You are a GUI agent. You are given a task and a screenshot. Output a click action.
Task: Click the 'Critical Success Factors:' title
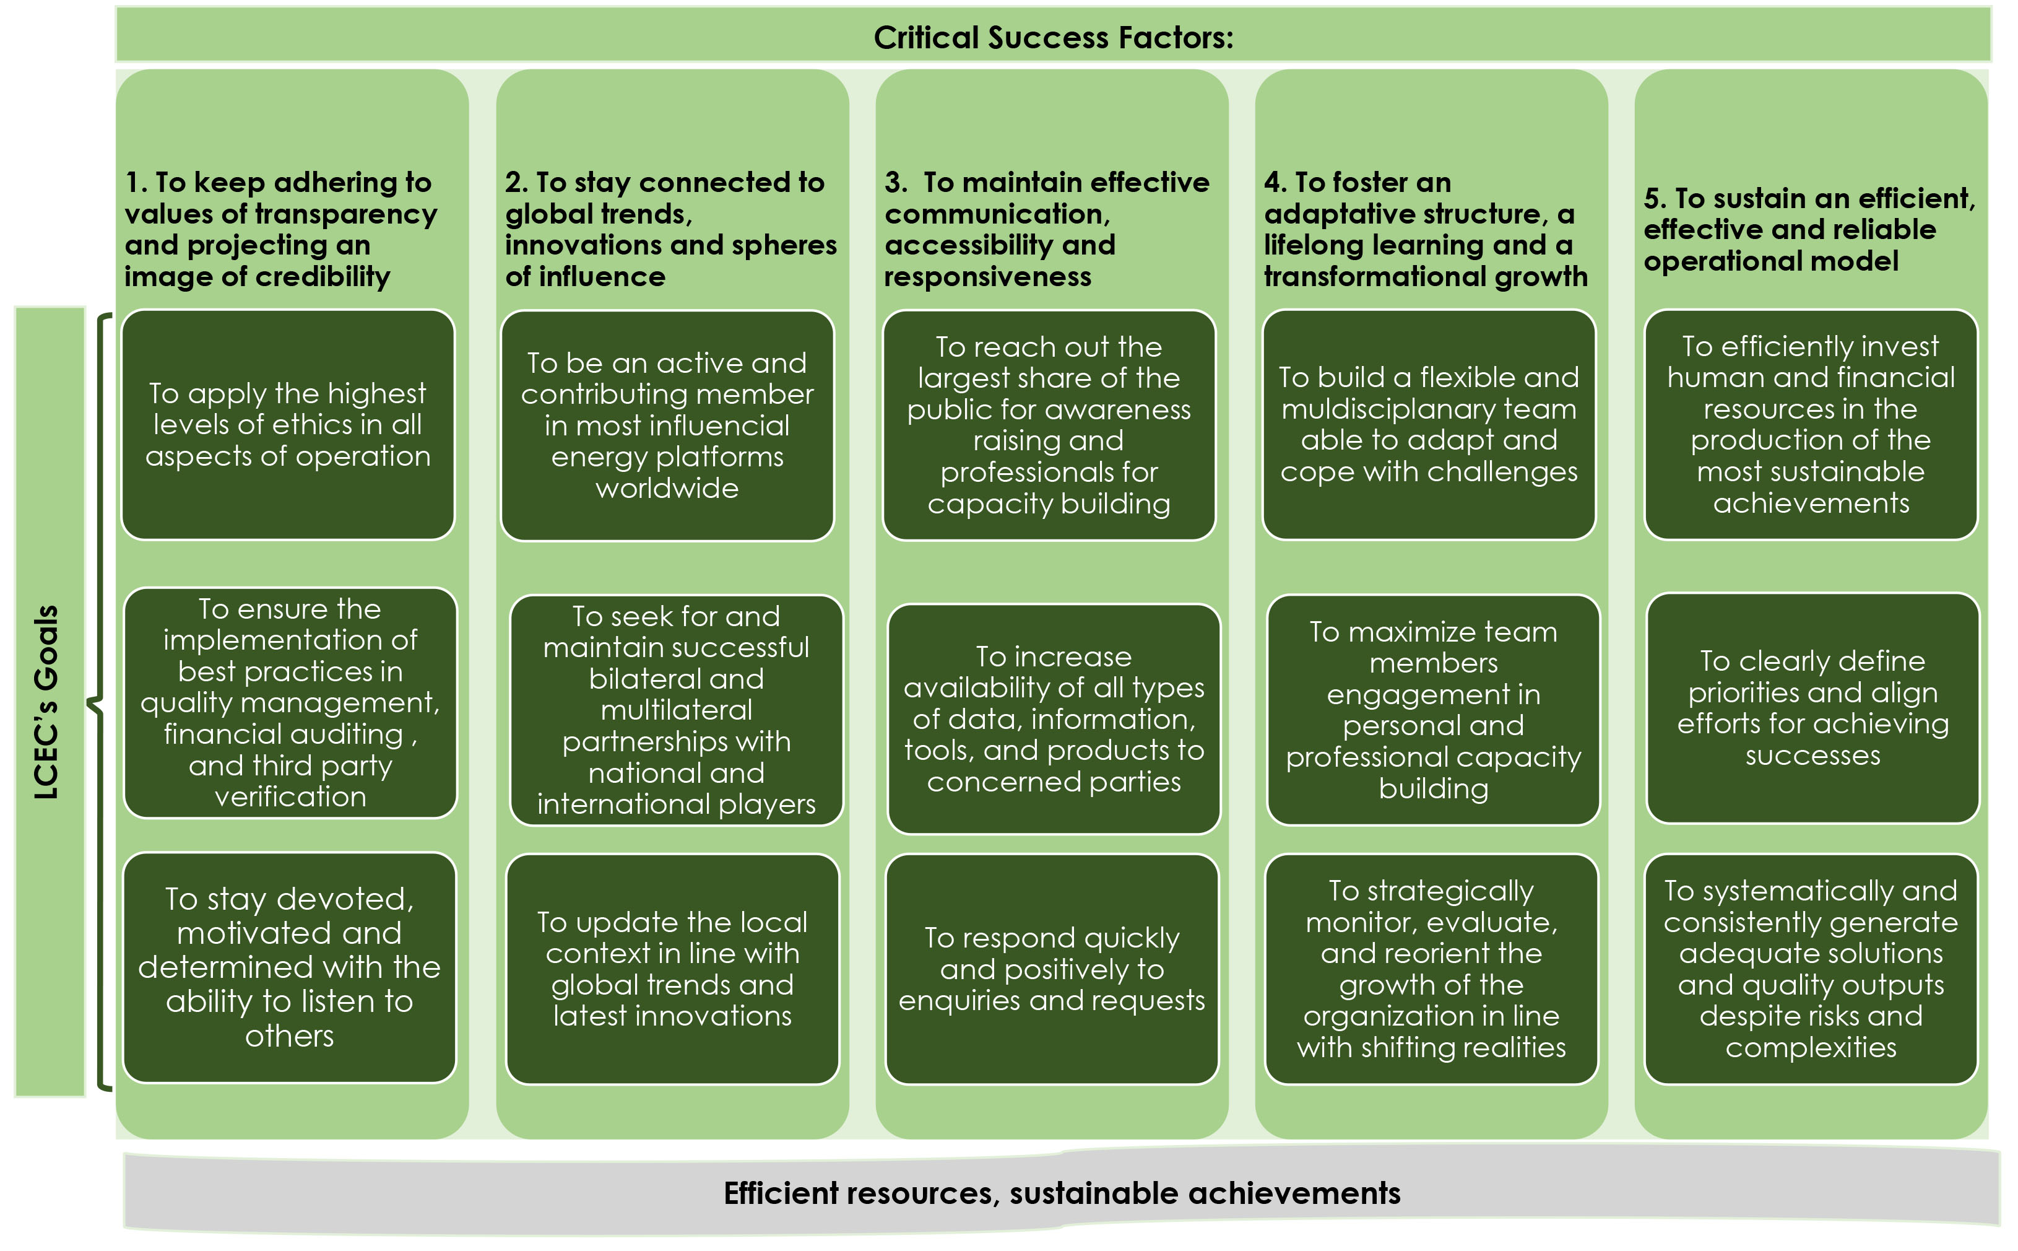point(1053,37)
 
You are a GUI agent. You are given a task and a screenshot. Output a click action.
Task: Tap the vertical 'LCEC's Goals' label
point(48,702)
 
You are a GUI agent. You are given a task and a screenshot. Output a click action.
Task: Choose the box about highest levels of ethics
point(288,424)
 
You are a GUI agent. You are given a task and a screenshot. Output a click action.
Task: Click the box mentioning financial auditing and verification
point(290,702)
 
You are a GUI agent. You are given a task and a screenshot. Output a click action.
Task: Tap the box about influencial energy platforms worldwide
point(667,425)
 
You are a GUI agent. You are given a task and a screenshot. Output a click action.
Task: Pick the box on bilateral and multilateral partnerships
point(676,709)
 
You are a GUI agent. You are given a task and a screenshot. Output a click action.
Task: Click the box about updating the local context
point(672,968)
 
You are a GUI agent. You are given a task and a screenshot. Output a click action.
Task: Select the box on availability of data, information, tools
point(1053,718)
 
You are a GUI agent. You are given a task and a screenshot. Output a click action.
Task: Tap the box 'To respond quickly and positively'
point(1051,968)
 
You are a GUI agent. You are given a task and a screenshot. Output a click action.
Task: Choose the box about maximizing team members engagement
point(1432,709)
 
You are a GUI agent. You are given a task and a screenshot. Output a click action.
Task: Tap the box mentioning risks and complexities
point(1811,968)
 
